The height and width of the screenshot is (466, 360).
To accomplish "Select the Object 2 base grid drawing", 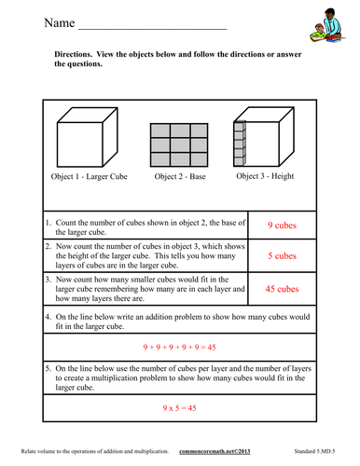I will (180, 144).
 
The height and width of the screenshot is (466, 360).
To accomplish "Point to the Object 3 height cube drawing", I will (275, 140).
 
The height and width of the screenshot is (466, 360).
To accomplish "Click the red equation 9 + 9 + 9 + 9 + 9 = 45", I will (179, 347).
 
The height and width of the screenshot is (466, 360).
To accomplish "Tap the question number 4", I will (48, 317).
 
